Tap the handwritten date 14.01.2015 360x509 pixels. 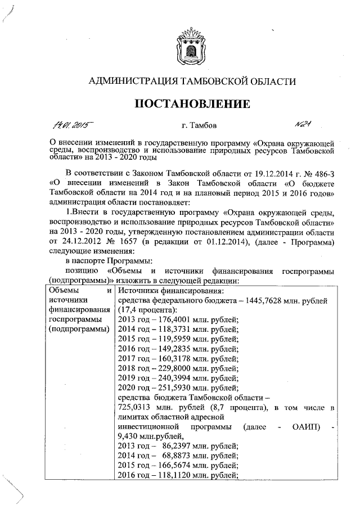point(74,123)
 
